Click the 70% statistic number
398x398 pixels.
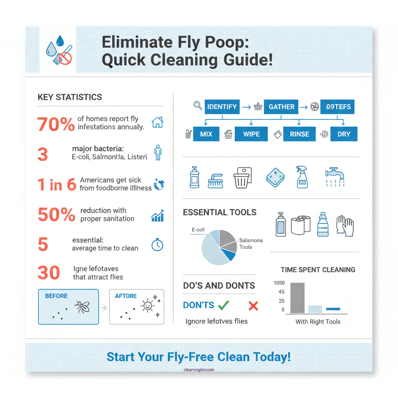[x=56, y=124]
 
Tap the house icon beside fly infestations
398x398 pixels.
[x=157, y=122]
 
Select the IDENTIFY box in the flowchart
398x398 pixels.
[x=222, y=106]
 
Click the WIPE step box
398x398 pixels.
[x=251, y=134]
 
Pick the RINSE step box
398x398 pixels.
[x=299, y=134]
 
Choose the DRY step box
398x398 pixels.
[x=344, y=134]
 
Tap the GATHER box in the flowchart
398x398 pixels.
[x=281, y=106]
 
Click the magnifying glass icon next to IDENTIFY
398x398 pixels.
[x=197, y=105]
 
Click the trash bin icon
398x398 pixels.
[x=243, y=178]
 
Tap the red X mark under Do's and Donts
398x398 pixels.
[x=253, y=306]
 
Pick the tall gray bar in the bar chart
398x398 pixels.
[x=297, y=298]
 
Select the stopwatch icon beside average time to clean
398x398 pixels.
[x=157, y=245]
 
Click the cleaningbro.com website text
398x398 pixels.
[x=199, y=370]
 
